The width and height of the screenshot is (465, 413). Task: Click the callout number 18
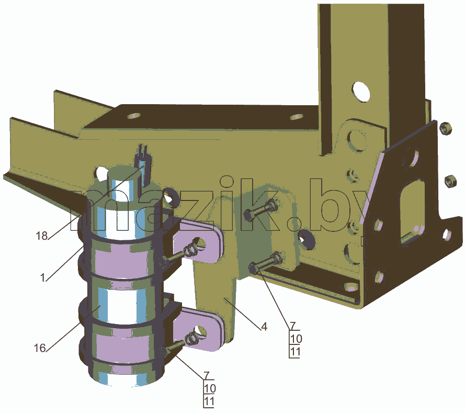pyautogui.click(x=41, y=236)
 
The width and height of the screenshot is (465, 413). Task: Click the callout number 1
pyautogui.click(x=43, y=278)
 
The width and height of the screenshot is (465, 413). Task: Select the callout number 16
pyautogui.click(x=40, y=348)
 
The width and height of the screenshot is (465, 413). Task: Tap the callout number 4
pyautogui.click(x=264, y=327)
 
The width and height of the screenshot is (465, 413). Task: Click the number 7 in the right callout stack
pyautogui.click(x=293, y=326)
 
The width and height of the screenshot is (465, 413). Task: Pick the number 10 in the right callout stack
pyautogui.click(x=296, y=339)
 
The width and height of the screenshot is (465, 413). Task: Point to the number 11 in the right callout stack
pyautogui.click(x=295, y=352)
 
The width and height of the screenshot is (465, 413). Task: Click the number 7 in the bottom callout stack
pyautogui.click(x=207, y=375)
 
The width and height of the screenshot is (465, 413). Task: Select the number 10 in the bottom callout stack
pyautogui.click(x=210, y=388)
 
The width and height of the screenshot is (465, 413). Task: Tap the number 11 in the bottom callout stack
pyautogui.click(x=209, y=401)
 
